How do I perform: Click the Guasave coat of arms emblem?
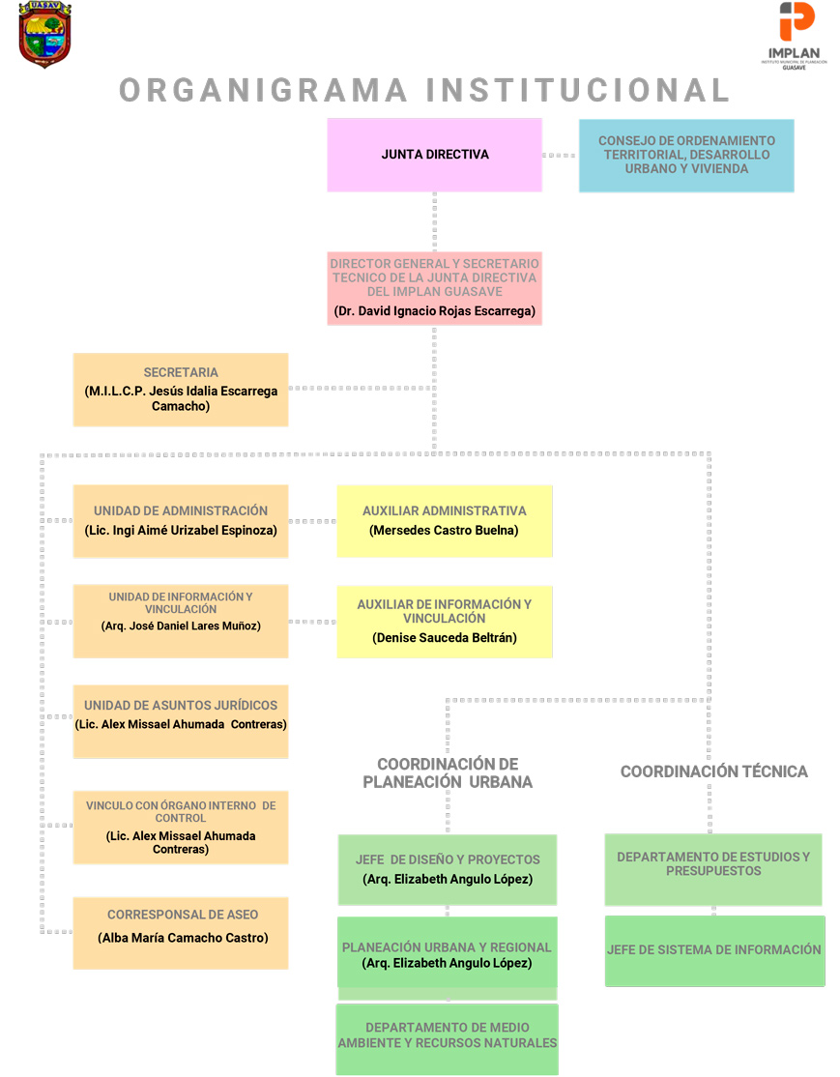coord(44,35)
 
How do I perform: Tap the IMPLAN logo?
coord(794,36)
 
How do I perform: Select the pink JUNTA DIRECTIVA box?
coord(435,155)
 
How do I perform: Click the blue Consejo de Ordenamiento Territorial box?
coord(687,156)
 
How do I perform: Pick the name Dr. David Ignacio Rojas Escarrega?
coord(435,311)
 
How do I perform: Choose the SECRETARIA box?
coord(181,390)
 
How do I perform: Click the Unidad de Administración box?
coord(181,521)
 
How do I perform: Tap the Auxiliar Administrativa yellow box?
coord(445,521)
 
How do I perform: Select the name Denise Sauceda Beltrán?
coord(445,638)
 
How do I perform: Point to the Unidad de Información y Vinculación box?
coord(181,621)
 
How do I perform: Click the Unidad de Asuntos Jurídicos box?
coord(181,721)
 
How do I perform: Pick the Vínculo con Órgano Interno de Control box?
coord(181,828)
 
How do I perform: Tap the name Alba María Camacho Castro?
coord(183,938)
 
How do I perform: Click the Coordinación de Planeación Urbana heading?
coord(448,773)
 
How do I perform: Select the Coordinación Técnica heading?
coord(714,772)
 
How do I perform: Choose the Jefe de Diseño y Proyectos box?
coord(448,869)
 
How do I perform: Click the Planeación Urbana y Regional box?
coord(448,952)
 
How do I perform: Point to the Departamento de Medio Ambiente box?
coord(448,1039)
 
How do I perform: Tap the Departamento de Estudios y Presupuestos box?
coord(713,869)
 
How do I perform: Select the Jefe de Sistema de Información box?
coord(715,950)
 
